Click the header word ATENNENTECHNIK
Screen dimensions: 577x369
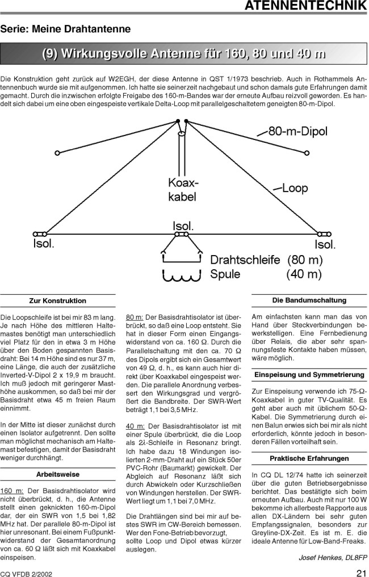[x=305, y=6]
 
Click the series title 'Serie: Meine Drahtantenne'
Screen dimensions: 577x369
[x=65, y=28]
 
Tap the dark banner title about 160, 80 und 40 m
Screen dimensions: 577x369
[x=184, y=54]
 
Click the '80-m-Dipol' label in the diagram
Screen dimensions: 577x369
[x=297, y=132]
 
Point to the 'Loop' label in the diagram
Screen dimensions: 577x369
[x=295, y=188]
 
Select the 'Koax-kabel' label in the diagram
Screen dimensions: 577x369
[x=182, y=190]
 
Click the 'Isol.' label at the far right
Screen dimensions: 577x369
[x=325, y=245]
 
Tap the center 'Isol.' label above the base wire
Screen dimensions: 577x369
[x=183, y=226]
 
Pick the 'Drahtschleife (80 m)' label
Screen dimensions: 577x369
[x=266, y=260]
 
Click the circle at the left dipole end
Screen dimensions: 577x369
[x=57, y=152]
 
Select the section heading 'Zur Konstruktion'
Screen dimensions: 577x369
[x=58, y=300]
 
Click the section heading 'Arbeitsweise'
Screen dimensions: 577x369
[x=58, y=474]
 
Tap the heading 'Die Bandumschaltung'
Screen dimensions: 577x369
[x=309, y=300]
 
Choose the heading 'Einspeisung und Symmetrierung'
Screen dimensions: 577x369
[x=309, y=375]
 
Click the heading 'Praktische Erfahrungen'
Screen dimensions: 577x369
[x=309, y=458]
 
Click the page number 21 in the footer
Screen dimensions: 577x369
[x=361, y=572]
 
